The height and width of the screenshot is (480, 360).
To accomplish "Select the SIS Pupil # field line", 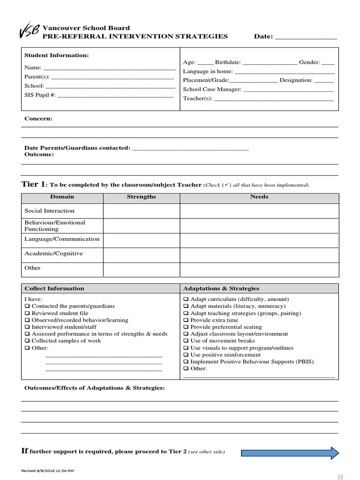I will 115,96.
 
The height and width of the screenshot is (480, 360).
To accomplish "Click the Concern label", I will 38,119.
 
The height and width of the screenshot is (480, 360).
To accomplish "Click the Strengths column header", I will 142,197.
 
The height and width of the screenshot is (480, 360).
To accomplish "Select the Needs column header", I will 259,197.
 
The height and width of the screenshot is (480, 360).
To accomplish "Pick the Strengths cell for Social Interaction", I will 142,211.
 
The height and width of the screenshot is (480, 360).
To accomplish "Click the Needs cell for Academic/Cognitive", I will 259,255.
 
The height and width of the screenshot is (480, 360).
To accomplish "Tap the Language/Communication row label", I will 62,239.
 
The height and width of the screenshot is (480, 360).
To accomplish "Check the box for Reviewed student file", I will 27,313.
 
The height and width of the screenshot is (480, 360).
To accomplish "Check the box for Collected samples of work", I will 27,341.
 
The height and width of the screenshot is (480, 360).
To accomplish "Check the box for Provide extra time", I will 186,320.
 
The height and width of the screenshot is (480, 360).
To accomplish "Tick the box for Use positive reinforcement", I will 186,355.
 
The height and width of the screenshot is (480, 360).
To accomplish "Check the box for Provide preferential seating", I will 186,327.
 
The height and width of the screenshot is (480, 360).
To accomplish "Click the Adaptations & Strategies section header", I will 221,288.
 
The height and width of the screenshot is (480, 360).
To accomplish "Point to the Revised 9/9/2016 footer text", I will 47,471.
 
